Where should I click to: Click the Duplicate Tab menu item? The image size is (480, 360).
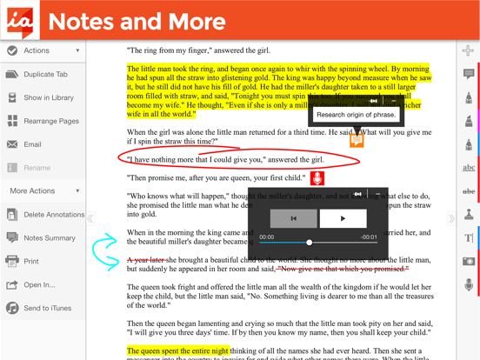click(x=45, y=75)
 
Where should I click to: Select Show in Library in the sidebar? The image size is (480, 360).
click(x=48, y=98)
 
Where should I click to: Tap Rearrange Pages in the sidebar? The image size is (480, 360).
click(x=50, y=122)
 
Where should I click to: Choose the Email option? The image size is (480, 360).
click(x=32, y=145)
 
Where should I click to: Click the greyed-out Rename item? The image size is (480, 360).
click(x=37, y=168)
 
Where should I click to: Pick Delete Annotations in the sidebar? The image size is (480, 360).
click(x=53, y=215)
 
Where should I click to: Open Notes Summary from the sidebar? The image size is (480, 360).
click(x=49, y=238)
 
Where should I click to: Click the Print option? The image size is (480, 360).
click(x=31, y=262)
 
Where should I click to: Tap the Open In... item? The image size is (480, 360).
click(x=39, y=285)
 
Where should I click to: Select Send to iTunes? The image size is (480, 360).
click(x=48, y=309)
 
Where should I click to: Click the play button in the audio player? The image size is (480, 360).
click(x=343, y=218)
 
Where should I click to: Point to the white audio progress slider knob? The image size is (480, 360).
click(x=309, y=243)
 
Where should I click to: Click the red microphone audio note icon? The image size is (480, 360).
click(x=317, y=178)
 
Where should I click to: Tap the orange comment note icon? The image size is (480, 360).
click(x=357, y=140)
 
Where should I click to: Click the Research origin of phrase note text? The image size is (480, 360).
click(x=357, y=115)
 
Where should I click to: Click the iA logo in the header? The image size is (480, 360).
click(x=19, y=20)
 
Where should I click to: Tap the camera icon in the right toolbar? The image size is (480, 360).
click(x=469, y=261)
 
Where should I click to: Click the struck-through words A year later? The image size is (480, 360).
click(x=147, y=259)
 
